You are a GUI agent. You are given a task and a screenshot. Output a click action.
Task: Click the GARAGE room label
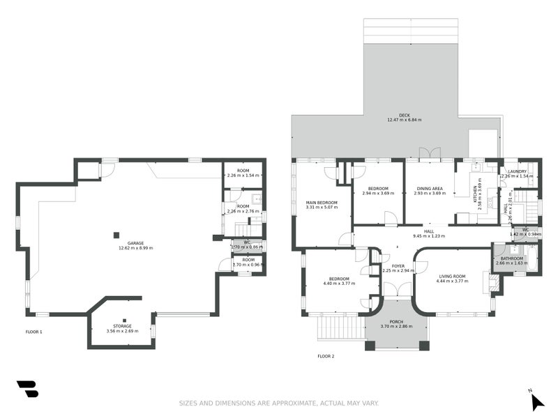(136, 243)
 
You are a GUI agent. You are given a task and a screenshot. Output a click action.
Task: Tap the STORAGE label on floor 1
(123, 326)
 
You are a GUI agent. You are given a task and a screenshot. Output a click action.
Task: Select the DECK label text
(405, 115)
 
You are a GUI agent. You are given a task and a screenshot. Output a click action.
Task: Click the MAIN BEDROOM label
(322, 203)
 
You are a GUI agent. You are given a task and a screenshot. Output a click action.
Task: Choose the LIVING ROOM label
(451, 277)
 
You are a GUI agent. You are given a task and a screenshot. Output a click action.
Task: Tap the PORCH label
(396, 322)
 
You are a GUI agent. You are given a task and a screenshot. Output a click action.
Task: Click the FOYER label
(398, 265)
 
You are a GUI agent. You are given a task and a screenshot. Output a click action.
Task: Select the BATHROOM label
(509, 258)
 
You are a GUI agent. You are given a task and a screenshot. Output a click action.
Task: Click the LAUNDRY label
(517, 171)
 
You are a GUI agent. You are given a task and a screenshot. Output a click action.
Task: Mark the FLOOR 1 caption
(33, 332)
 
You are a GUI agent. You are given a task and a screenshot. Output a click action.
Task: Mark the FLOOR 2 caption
(326, 356)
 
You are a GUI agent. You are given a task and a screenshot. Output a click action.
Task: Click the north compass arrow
(536, 401)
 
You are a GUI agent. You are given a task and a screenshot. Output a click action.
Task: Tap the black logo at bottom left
(27, 389)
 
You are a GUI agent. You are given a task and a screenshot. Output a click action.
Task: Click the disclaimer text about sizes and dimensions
(278, 403)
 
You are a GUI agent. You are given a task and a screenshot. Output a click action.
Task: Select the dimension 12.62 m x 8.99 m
(136, 248)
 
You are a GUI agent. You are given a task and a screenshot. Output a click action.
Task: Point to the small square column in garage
(117, 235)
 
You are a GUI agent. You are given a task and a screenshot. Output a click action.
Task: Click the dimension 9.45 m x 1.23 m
(428, 236)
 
